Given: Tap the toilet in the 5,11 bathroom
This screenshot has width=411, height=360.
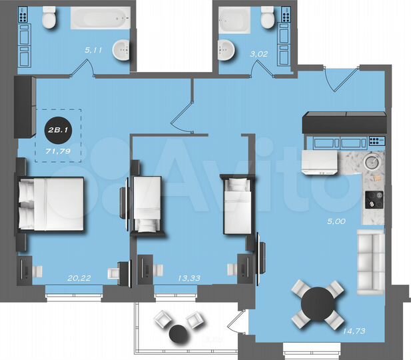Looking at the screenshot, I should click(x=49, y=19).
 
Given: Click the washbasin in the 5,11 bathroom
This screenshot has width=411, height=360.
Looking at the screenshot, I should click(x=122, y=49).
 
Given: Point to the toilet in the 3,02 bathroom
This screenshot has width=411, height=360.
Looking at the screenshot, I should click(x=266, y=18).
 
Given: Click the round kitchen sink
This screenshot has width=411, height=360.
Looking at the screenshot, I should click(x=372, y=161).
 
